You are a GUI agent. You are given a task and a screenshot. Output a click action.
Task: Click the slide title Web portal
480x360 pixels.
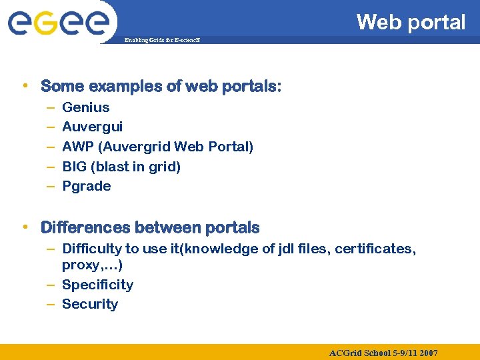(411, 22)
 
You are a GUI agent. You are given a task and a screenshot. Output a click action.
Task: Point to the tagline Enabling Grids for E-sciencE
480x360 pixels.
(163, 41)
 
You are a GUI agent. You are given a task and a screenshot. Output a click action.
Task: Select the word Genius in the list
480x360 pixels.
(85, 107)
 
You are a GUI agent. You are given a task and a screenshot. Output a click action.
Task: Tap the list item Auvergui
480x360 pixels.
(92, 127)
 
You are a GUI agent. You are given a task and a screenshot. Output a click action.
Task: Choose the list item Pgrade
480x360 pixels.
(86, 186)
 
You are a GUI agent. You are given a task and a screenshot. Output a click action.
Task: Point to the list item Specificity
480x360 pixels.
(97, 285)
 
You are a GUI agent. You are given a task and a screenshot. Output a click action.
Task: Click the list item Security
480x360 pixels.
(89, 305)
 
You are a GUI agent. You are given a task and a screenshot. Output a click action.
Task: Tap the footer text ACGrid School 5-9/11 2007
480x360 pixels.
(383, 353)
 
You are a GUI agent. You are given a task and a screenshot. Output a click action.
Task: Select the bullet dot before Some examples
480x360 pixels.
(25, 85)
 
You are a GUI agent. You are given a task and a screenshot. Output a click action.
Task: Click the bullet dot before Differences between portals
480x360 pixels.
(25, 227)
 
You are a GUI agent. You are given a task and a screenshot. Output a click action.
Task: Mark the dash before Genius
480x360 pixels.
(51, 107)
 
